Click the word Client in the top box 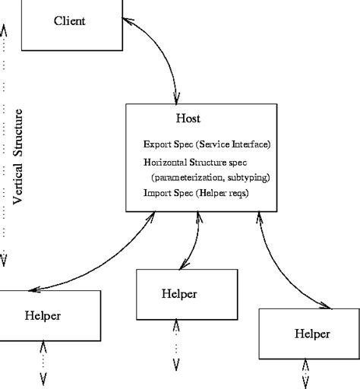(x=69, y=21)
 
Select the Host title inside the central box (x=188, y=119)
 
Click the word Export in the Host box (x=158, y=144)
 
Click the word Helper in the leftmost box (x=43, y=315)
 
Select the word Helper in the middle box (x=179, y=293)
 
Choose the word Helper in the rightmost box (x=311, y=333)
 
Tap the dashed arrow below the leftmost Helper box (x=43, y=366)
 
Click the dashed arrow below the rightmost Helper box (x=306, y=373)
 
